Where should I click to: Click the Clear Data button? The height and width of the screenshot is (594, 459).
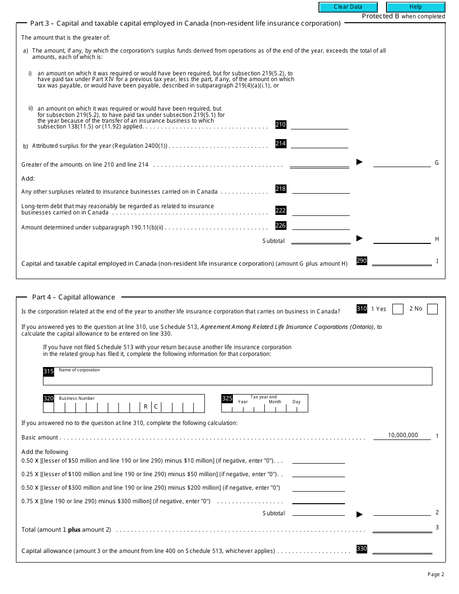pos(348,7)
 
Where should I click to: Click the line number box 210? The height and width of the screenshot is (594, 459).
pos(281,125)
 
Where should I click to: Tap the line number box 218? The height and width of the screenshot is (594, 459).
pos(281,189)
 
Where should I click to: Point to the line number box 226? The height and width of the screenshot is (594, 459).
pos(281,226)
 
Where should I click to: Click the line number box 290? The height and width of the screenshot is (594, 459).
pos(362,261)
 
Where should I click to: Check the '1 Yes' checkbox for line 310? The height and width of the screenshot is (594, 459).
pos(398,309)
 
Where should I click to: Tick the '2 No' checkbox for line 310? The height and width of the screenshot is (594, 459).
pos(432,309)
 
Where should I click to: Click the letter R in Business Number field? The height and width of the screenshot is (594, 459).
pos(145,407)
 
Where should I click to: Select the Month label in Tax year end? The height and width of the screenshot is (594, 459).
pos(275,402)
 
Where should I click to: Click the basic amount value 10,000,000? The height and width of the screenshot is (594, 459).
pos(402,435)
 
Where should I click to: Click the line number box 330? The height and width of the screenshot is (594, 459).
pos(362,549)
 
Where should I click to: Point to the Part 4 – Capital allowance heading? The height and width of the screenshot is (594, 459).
pos(73,297)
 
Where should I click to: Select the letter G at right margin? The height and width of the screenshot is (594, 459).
pos(437,163)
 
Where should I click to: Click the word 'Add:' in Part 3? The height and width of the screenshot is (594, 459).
pos(28,179)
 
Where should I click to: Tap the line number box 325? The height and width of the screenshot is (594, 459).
pos(227,398)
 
